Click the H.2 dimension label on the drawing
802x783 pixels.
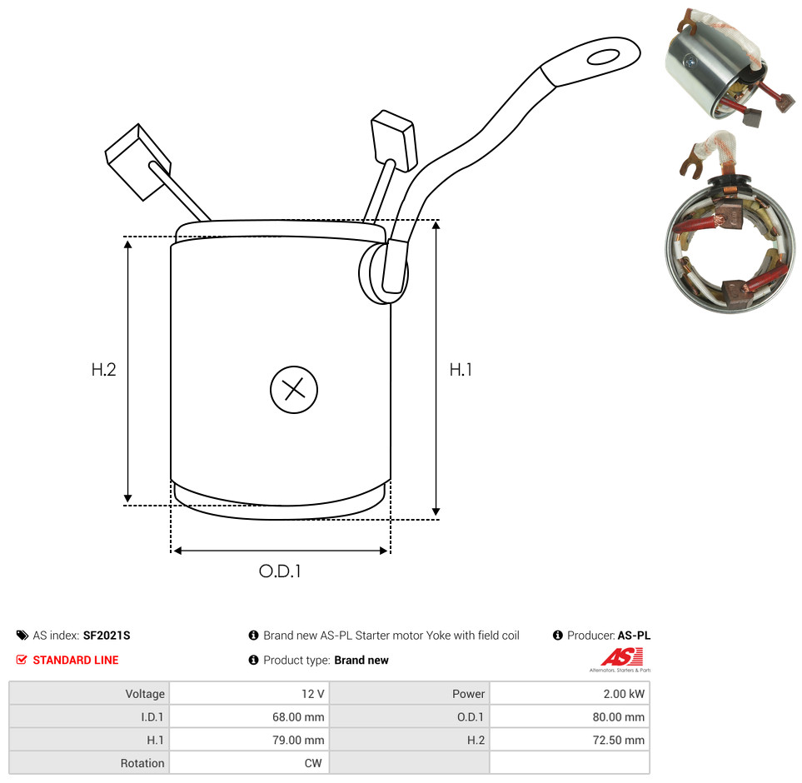(x=104, y=369)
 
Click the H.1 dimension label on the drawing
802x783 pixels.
(x=461, y=369)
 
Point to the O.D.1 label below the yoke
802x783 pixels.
(x=280, y=571)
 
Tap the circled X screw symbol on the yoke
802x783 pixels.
(x=294, y=390)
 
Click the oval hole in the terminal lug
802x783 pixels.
(x=604, y=57)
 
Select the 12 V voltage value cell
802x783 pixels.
(x=312, y=694)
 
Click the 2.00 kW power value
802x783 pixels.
(x=624, y=694)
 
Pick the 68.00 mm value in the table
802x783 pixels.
(x=298, y=716)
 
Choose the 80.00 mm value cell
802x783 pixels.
(x=619, y=716)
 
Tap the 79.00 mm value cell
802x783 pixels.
(x=298, y=740)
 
